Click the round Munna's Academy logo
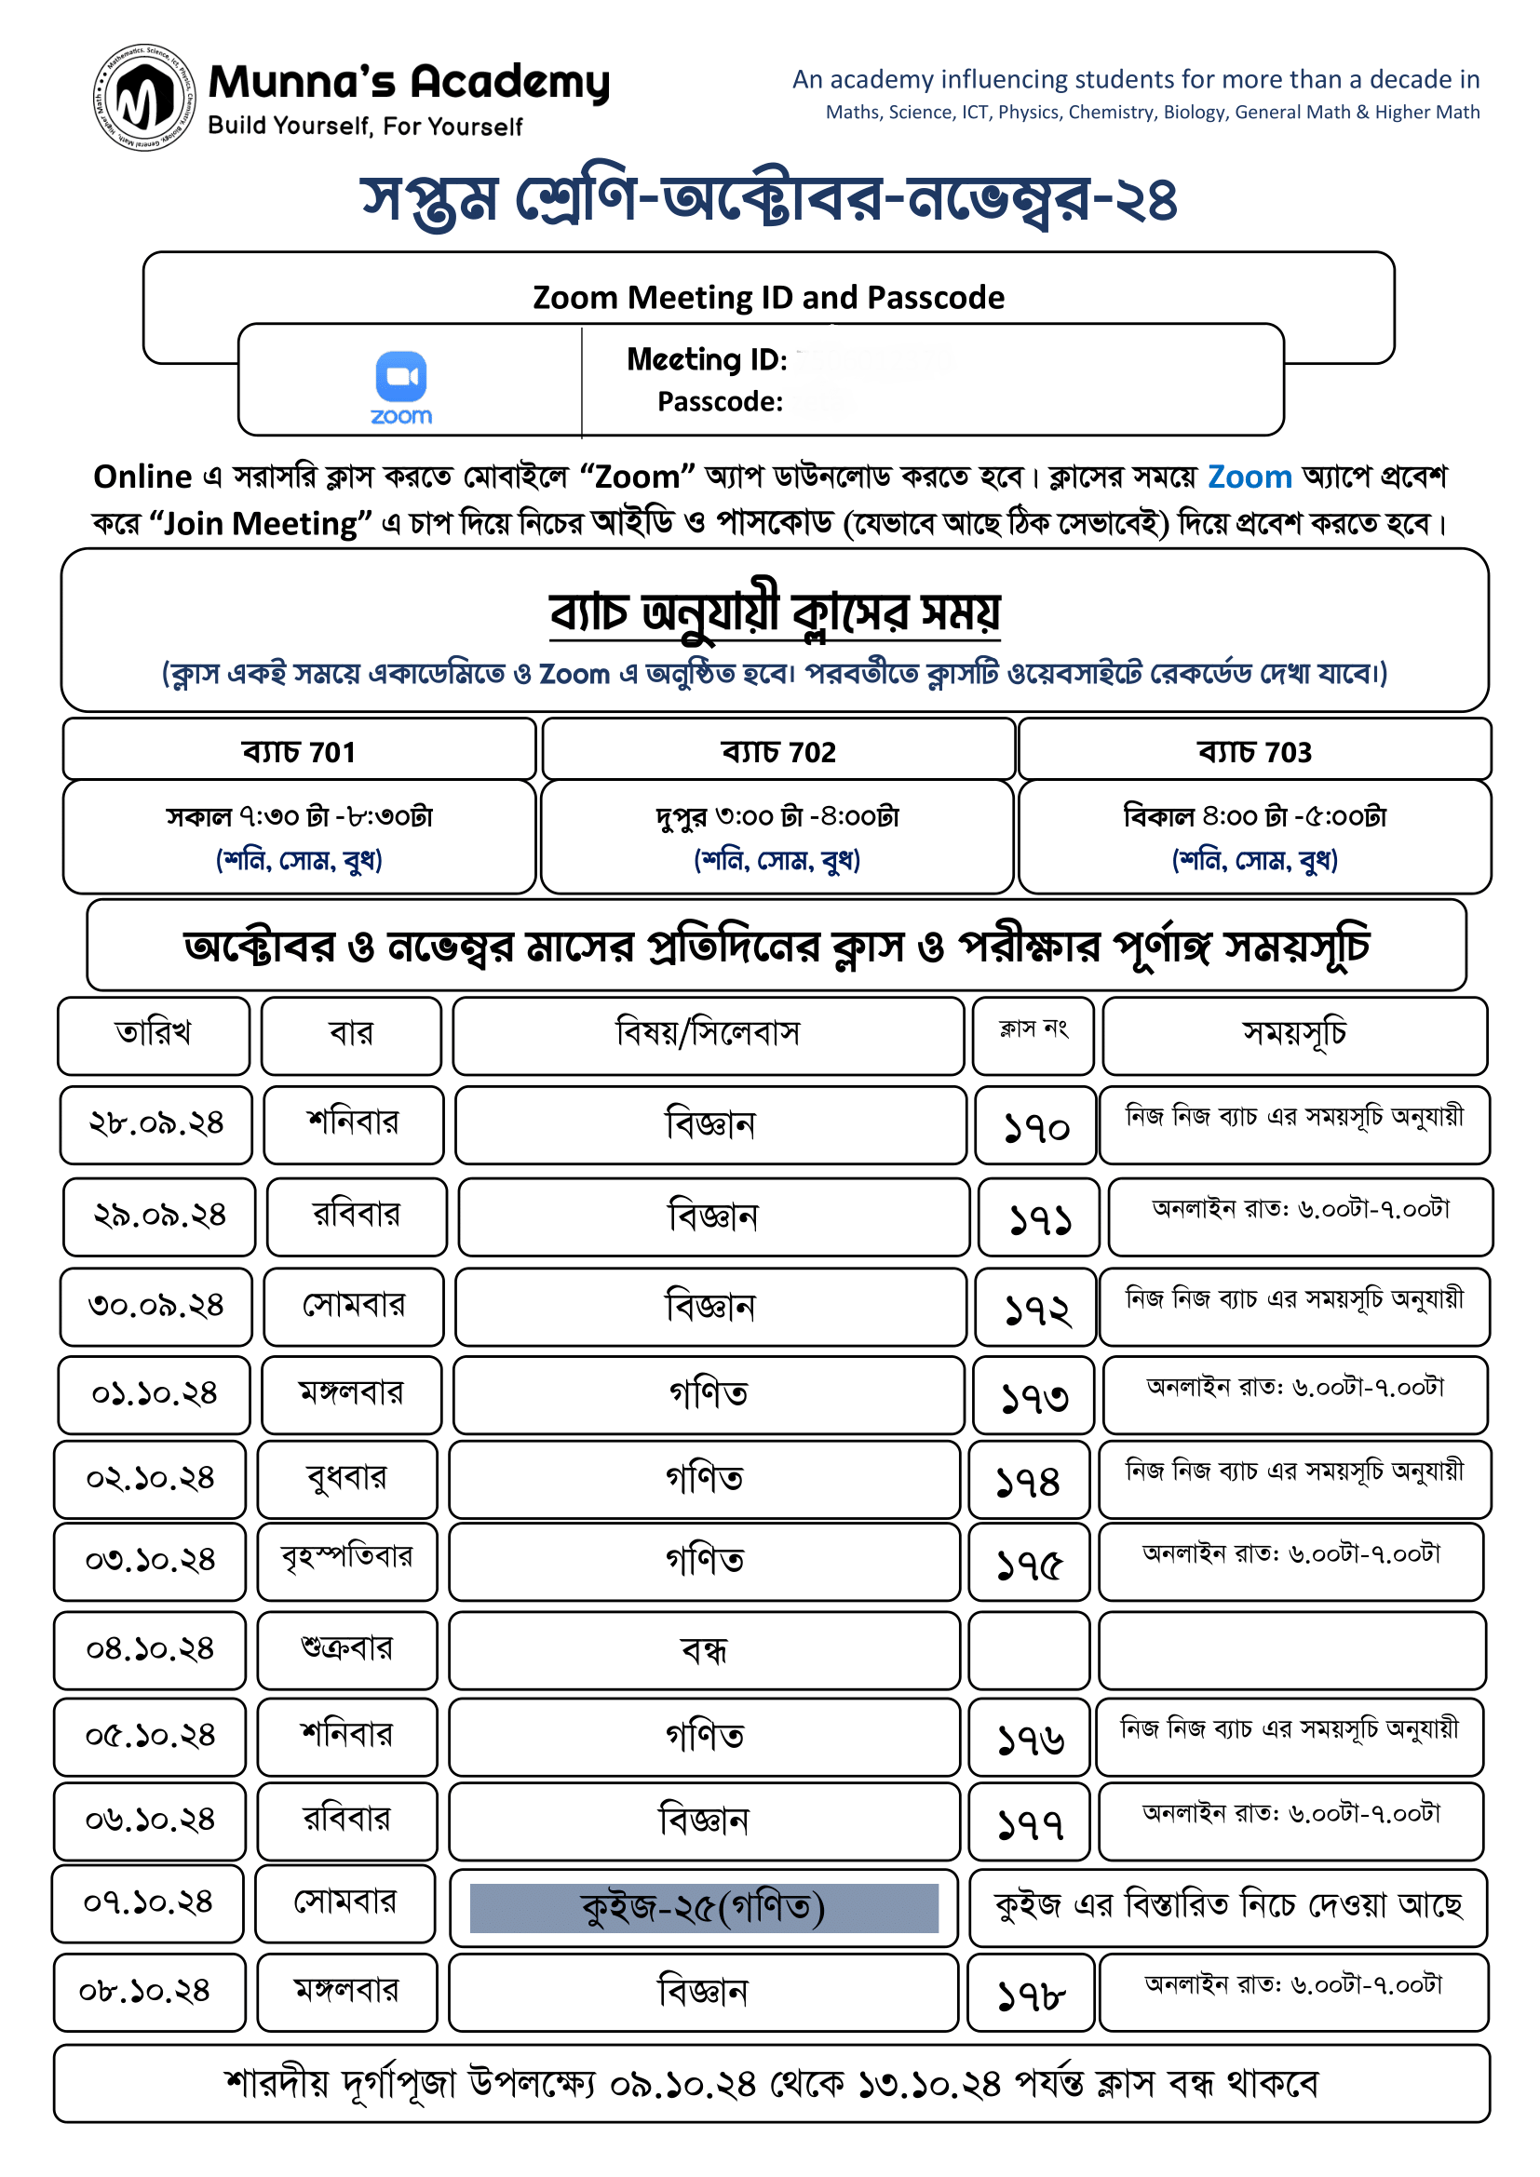click(x=144, y=97)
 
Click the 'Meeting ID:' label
click(x=707, y=359)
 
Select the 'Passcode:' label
click(x=720, y=402)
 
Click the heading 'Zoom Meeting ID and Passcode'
click(x=768, y=298)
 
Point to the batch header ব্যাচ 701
click(x=299, y=751)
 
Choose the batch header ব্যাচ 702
click(x=777, y=751)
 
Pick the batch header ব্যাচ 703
click(x=1253, y=751)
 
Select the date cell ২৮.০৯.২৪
click(x=155, y=1123)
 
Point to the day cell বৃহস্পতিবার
click(x=346, y=1557)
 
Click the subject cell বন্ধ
click(x=704, y=1651)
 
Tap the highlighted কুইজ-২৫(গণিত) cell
click(x=703, y=1908)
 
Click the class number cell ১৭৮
click(x=1031, y=1994)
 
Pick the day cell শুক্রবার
click(x=346, y=1648)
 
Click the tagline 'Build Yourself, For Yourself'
click(x=365, y=126)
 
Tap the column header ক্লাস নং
click(x=1033, y=1029)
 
